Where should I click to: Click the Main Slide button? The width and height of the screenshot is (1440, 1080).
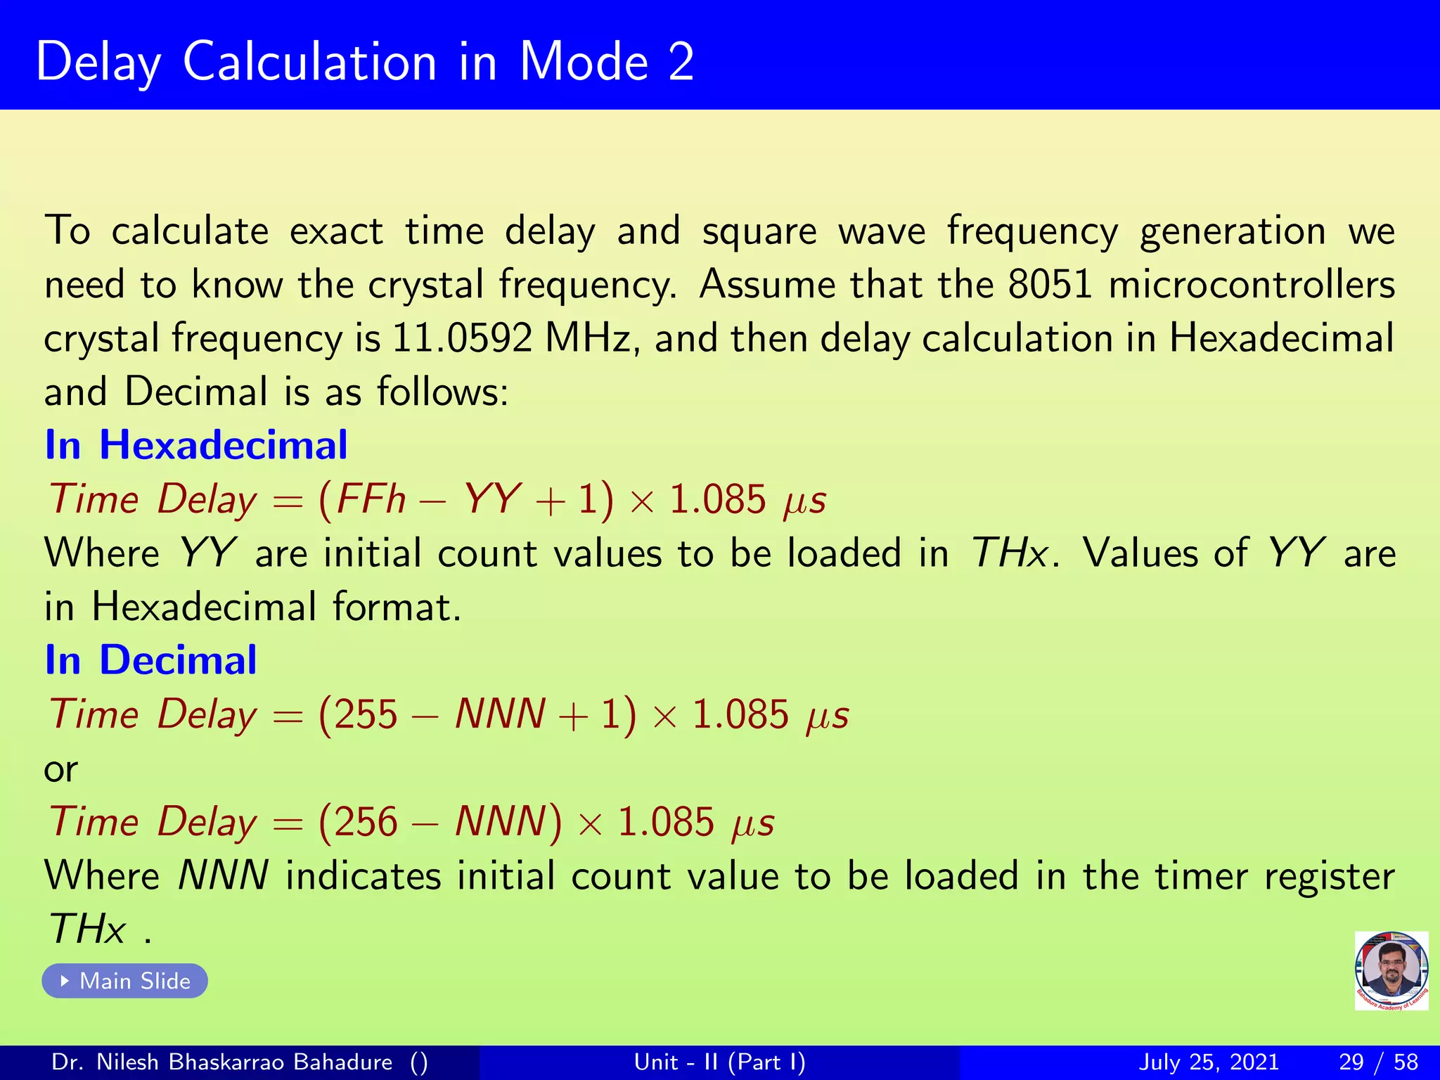coord(125,981)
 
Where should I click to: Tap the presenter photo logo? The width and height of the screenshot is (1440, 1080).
coord(1391,970)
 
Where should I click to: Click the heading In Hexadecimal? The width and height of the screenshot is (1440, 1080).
coord(195,445)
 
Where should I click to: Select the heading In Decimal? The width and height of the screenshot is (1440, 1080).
coord(150,660)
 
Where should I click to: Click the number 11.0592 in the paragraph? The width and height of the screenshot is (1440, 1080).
coord(462,338)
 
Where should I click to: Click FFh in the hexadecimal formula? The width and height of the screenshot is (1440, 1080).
coord(371,500)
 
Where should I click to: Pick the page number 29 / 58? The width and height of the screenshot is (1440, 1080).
coord(1378,1062)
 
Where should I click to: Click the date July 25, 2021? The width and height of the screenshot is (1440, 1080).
coord(1208,1062)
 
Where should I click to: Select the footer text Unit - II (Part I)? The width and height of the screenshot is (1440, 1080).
coord(719,1062)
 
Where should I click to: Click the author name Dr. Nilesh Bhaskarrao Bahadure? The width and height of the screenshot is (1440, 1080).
coord(222,1062)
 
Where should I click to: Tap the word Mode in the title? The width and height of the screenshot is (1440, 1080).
coord(584,62)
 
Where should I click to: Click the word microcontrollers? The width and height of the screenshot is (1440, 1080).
coord(1252,285)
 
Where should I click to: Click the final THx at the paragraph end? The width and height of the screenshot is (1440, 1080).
coord(87,930)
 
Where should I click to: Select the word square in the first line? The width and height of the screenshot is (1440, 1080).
coord(759,232)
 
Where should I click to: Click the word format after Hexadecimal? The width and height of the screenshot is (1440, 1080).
coord(396,607)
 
